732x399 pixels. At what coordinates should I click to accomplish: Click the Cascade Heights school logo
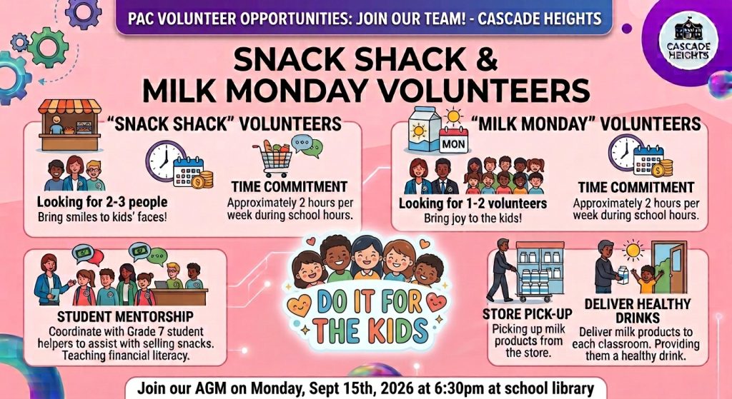click(x=688, y=41)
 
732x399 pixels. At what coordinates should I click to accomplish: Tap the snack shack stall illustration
click(x=69, y=125)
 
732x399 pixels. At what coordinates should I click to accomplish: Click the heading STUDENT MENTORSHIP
click(x=125, y=317)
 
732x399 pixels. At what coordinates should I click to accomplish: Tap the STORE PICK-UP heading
click(x=527, y=313)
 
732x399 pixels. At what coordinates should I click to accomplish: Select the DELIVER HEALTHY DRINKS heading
click(x=637, y=311)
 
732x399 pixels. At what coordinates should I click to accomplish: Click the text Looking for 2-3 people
click(x=102, y=202)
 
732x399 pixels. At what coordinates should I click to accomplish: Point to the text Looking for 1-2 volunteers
click(x=473, y=203)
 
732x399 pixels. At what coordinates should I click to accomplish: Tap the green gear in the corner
click(x=48, y=48)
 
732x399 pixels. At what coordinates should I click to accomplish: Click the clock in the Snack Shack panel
click(x=165, y=161)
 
